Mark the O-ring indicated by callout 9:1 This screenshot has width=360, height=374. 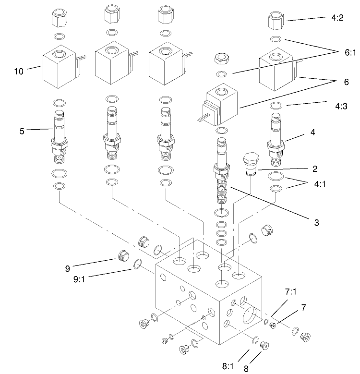tap(137, 263)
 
